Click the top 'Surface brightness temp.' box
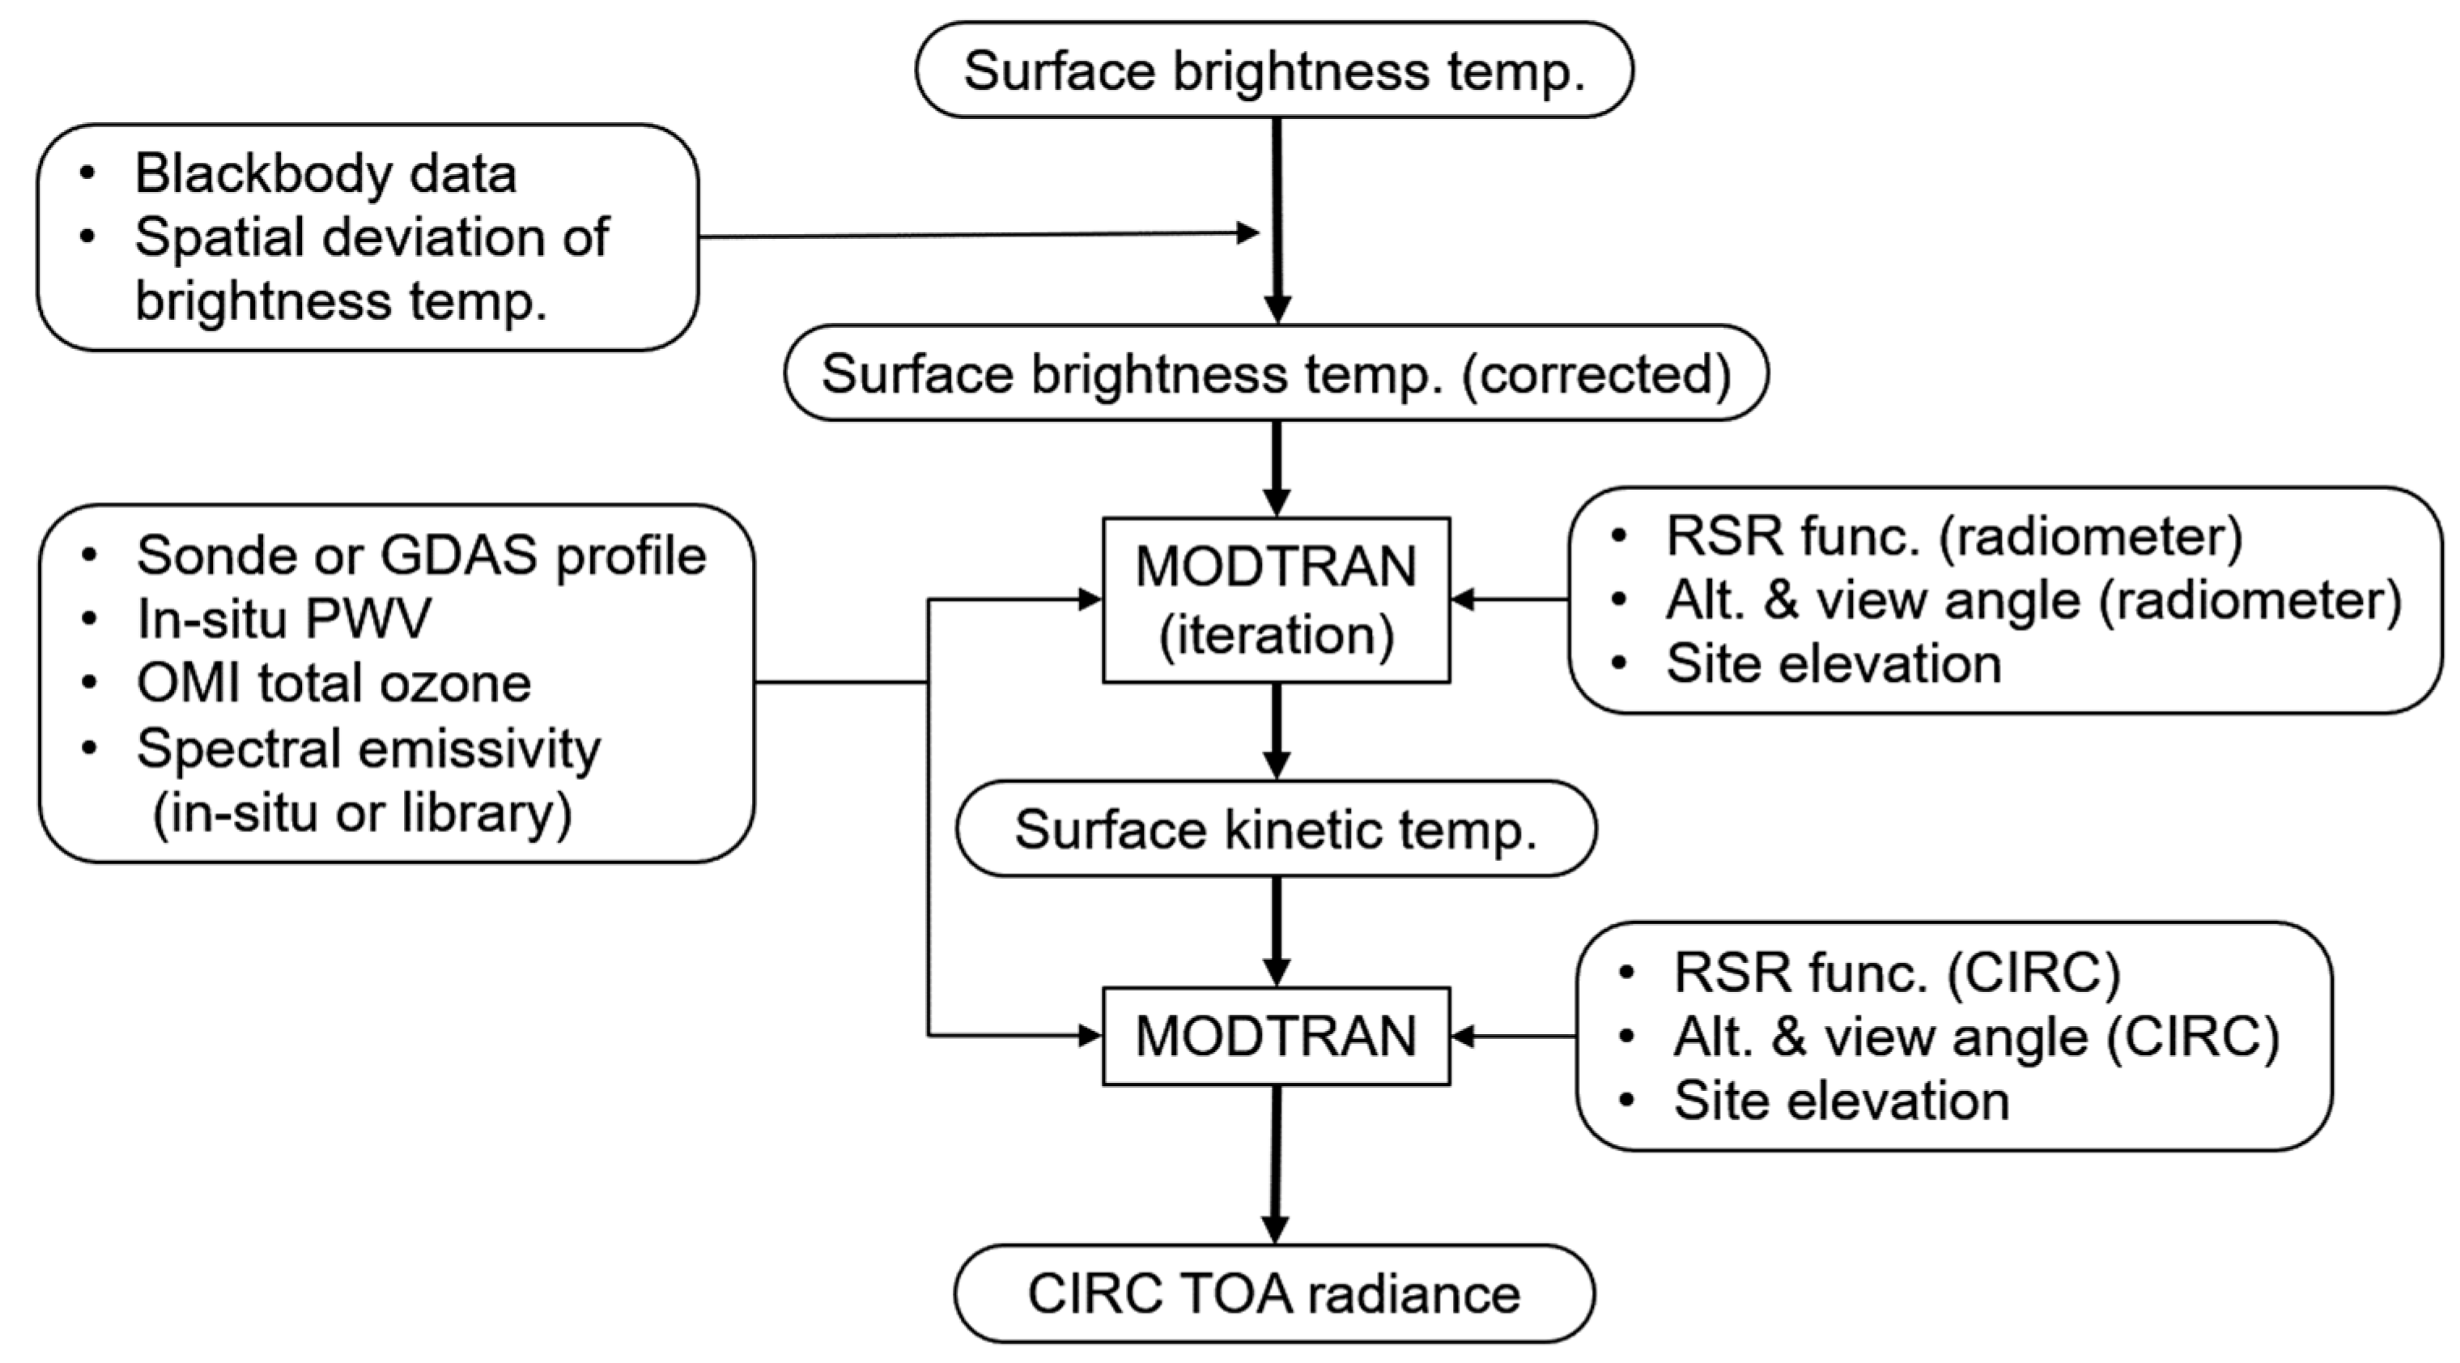(x=1274, y=70)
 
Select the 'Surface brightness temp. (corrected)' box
(x=1276, y=373)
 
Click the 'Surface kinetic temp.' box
(x=1276, y=829)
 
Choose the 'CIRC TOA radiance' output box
(x=1274, y=1294)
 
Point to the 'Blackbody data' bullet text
(x=325, y=174)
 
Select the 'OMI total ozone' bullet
(x=334, y=683)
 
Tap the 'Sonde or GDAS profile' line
(x=420, y=555)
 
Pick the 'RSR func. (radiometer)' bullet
(x=1954, y=536)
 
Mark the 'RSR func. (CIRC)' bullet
(x=1897, y=973)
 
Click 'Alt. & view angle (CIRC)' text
(x=1976, y=1037)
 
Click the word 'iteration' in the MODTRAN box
(x=1276, y=635)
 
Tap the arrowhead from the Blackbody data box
(x=1248, y=232)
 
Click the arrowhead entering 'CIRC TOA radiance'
(x=1275, y=1229)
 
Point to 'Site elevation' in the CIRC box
(x=1842, y=1101)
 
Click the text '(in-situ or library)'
(x=362, y=813)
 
